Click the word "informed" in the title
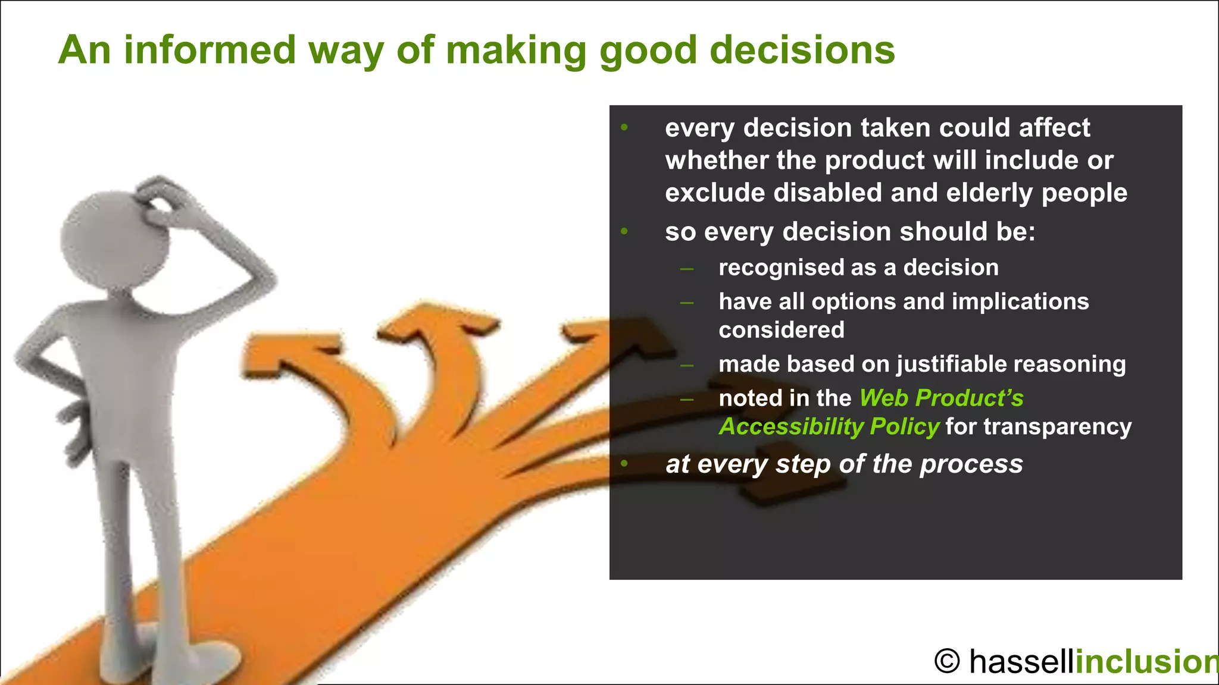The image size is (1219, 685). (x=210, y=50)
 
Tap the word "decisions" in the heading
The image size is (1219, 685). (x=802, y=50)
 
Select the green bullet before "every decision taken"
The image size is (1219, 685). (x=624, y=127)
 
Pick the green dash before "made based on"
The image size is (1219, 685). (x=687, y=365)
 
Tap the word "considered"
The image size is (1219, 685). (x=781, y=330)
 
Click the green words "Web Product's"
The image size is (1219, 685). (x=941, y=398)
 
